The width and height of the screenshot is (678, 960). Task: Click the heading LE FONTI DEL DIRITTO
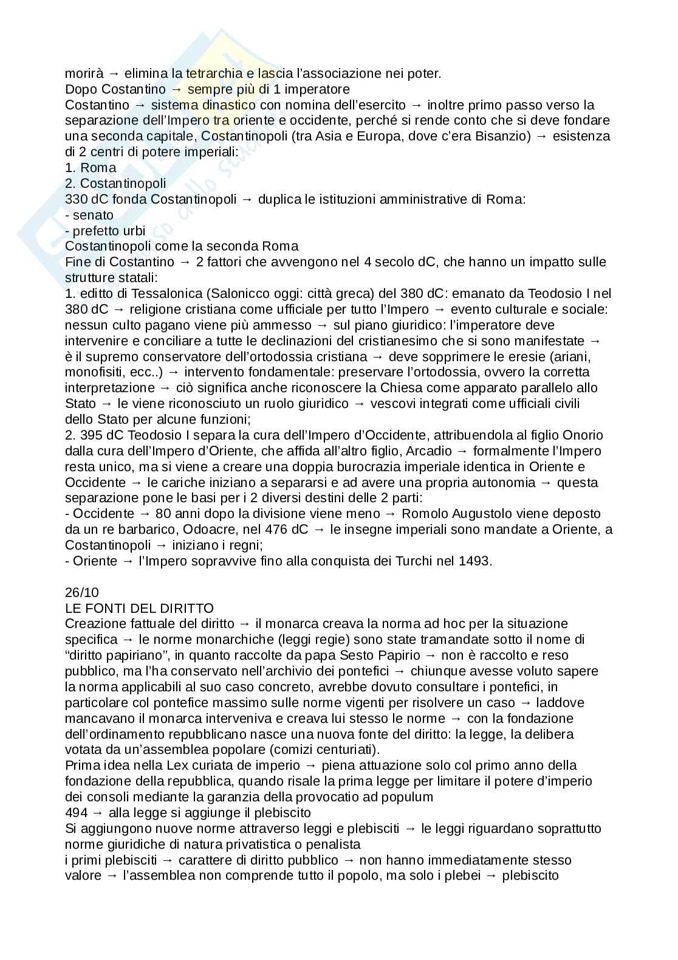coord(139,608)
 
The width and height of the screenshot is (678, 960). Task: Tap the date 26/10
coord(82,592)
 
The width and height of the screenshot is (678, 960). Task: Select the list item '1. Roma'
coord(91,168)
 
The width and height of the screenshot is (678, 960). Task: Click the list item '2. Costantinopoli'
coord(115,184)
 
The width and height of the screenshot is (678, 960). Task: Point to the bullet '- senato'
coord(89,215)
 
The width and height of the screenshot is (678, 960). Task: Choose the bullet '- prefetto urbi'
coord(105,231)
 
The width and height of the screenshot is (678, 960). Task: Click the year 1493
coord(473,561)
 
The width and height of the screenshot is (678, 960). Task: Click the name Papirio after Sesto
coord(399,655)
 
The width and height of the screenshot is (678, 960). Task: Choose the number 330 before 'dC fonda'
coord(76,199)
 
